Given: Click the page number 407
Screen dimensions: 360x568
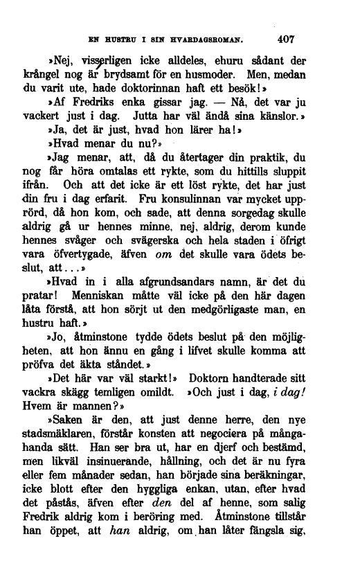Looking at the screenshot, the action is (288, 39).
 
